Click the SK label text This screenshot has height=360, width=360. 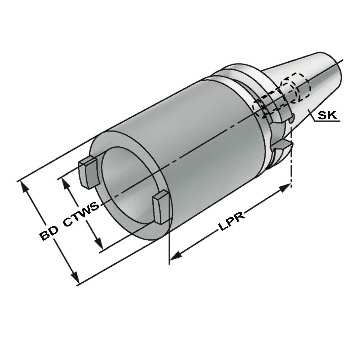click(x=328, y=115)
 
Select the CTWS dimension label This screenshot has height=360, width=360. click(x=82, y=214)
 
